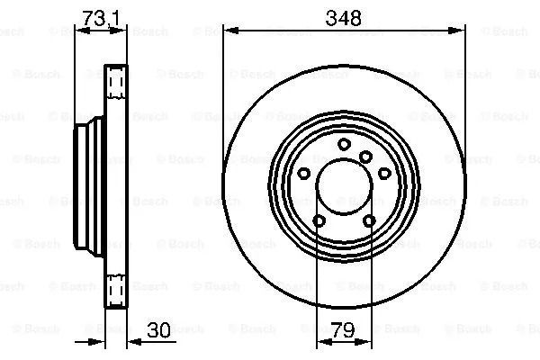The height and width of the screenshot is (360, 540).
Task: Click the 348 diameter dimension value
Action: click(344, 18)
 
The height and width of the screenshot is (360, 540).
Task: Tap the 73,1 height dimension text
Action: click(101, 18)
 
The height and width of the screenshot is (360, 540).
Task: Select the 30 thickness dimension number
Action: click(158, 329)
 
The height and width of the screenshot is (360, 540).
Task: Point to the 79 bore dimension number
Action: click(343, 329)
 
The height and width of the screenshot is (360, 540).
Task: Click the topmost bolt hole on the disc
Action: click(344, 144)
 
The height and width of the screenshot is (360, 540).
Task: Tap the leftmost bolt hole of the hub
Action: click(303, 174)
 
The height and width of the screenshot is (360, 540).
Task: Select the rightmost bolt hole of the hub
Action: click(384, 173)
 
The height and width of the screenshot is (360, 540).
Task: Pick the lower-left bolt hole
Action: click(319, 220)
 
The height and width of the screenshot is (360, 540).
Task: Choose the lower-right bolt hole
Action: click(369, 220)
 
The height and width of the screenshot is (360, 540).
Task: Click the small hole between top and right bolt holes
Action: click(365, 157)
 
